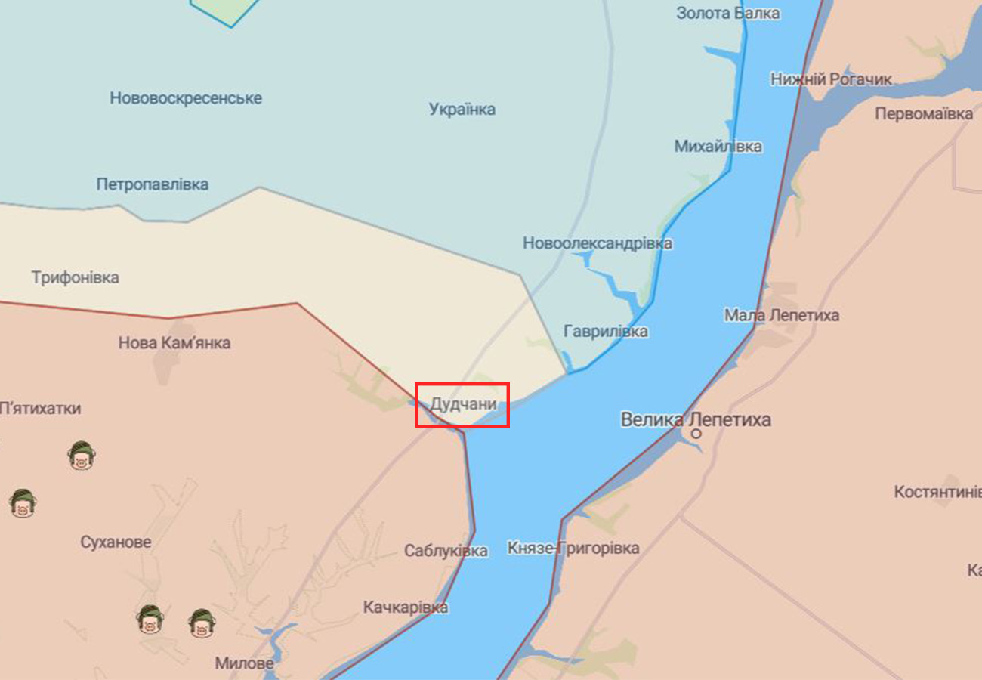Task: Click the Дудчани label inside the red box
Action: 463,405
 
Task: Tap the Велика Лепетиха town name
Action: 696,419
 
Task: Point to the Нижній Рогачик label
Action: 831,79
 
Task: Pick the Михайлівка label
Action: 718,147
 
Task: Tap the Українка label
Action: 462,110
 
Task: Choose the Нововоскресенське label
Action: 186,98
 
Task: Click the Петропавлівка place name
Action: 153,184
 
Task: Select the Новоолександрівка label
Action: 598,243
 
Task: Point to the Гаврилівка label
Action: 605,332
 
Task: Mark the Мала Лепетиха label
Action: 781,315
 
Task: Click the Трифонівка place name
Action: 76,277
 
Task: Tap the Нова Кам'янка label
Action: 174,343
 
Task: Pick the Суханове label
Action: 116,542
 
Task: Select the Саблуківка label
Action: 446,551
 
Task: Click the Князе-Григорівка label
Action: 573,548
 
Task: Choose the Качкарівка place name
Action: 406,607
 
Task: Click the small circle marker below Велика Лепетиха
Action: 696,434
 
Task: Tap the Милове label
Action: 244,664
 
